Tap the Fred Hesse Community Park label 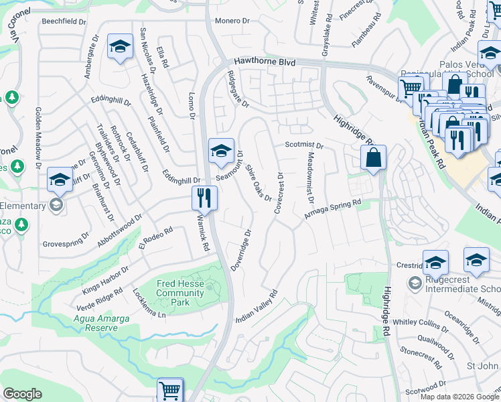tap(180, 293)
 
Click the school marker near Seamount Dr tap(220, 151)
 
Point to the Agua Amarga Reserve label tap(101, 323)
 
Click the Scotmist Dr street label tap(303, 145)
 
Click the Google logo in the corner tap(22, 394)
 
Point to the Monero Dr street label tap(232, 21)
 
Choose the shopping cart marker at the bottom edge tap(170, 391)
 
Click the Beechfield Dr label tap(64, 21)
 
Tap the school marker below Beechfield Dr tap(120, 46)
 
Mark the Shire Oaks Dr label tap(258, 182)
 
